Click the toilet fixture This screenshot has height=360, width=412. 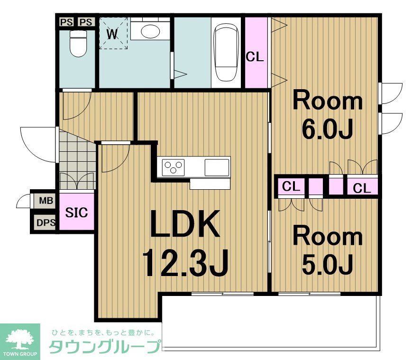click(x=77, y=44)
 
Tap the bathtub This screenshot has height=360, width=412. click(x=225, y=53)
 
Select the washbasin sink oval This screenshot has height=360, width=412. click(x=151, y=31)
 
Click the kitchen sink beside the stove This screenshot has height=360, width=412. click(x=217, y=167)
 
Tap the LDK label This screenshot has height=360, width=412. click(x=185, y=224)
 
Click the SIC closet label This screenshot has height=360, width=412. click(x=76, y=212)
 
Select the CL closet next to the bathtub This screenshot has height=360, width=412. click(x=255, y=57)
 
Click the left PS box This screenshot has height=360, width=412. click(x=65, y=22)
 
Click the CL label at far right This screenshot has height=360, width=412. click(x=362, y=188)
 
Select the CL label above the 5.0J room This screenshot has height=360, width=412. click(x=292, y=186)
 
